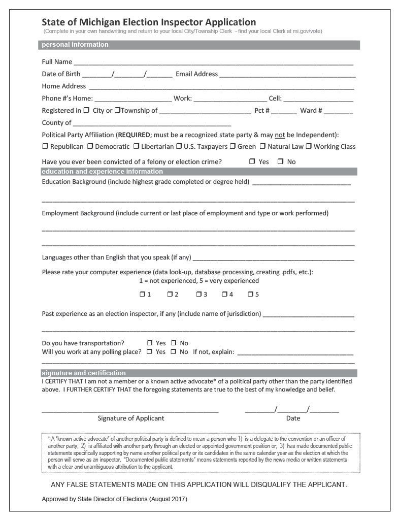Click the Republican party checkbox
[x=45, y=147]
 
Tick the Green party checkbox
[x=232, y=147]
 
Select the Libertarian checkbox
[x=136, y=147]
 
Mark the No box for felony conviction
[x=280, y=162]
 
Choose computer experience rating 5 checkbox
[x=250, y=295]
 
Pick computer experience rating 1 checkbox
[x=142, y=295]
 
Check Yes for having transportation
[x=150, y=343]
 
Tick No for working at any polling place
[x=173, y=352]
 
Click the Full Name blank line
[x=213, y=63]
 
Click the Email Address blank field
[x=287, y=75]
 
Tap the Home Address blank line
[x=221, y=87]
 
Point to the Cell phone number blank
[x=318, y=100]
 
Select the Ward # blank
[x=339, y=111]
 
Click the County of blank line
[x=152, y=123]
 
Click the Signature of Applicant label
[x=131, y=418]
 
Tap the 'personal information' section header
[x=75, y=45]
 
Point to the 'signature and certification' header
[x=84, y=373]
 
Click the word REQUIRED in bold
[x=134, y=135]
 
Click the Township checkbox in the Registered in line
[x=117, y=110]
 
